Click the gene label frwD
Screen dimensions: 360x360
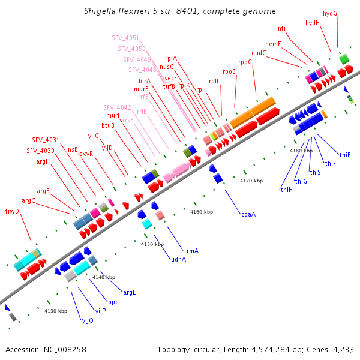[12, 211]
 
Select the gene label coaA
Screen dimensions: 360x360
[248, 214]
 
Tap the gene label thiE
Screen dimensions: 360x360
[345, 155]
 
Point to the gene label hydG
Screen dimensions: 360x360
[330, 13]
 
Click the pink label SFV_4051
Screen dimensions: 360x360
[125, 38]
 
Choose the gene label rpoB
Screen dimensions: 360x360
[229, 71]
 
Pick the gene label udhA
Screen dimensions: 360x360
[178, 259]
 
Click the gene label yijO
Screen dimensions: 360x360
[88, 320]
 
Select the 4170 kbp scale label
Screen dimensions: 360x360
[251, 181]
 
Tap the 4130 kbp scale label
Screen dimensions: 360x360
[56, 311]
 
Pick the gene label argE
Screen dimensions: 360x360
[130, 292]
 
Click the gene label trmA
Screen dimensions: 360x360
[191, 250]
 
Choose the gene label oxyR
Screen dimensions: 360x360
[86, 154]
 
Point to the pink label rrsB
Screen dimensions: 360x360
[128, 121]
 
